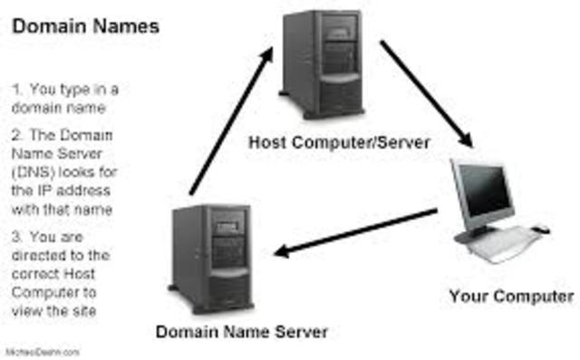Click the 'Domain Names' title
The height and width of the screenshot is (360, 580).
click(x=86, y=27)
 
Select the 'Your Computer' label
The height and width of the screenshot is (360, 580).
click(x=511, y=296)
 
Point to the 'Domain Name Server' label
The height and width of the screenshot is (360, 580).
click(x=241, y=331)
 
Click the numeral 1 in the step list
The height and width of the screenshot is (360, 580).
click(x=16, y=89)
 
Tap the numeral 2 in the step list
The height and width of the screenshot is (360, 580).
click(x=16, y=133)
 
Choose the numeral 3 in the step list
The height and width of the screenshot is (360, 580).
click(x=16, y=236)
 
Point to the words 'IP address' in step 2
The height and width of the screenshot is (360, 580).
click(x=76, y=190)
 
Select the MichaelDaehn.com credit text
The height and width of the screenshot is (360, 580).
click(x=43, y=351)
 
